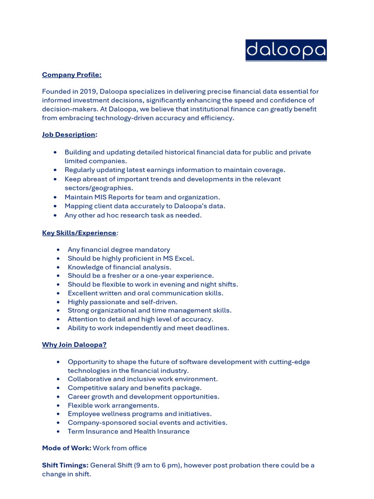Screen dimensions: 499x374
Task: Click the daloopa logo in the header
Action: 286,50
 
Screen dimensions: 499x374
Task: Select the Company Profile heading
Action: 72,75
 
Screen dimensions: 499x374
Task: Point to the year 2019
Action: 90,92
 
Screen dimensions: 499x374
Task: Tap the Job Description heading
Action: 68,134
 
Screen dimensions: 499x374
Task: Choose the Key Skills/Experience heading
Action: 79,233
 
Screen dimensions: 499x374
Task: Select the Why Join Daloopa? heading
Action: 74,345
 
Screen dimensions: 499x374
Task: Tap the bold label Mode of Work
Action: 66,448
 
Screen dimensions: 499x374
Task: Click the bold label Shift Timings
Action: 65,465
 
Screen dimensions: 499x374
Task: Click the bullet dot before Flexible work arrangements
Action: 58,405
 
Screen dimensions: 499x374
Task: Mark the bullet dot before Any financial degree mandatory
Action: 58,249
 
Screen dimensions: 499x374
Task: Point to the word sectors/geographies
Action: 99,188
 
